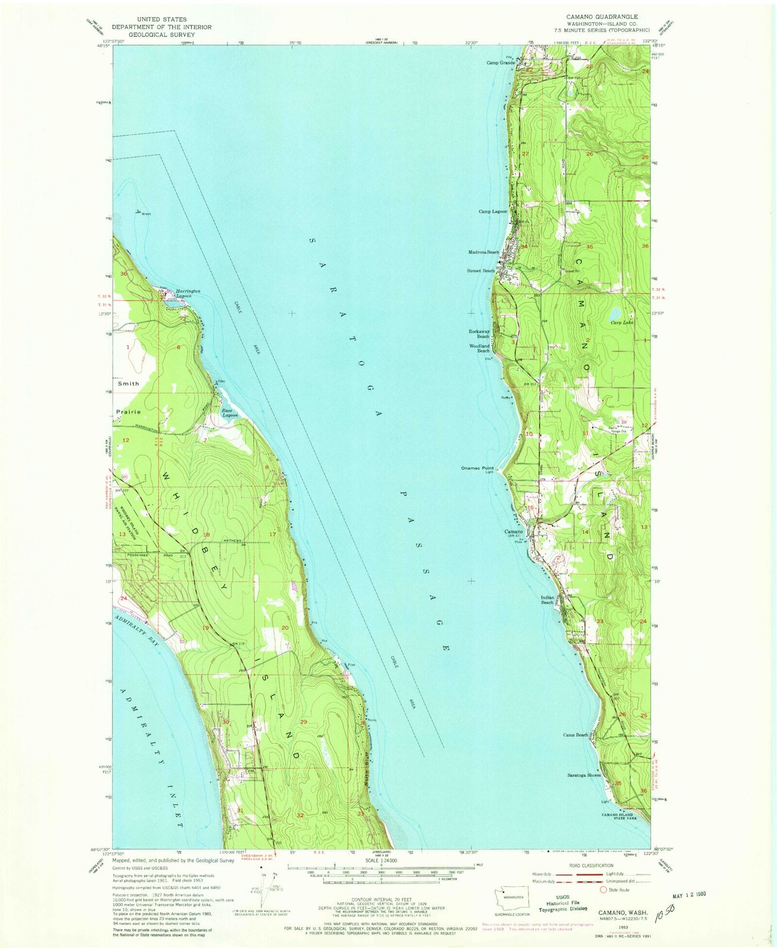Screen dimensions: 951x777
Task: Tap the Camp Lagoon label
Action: [x=493, y=212]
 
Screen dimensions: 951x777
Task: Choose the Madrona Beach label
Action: [x=484, y=252]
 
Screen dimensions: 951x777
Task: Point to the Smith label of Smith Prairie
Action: [x=129, y=384]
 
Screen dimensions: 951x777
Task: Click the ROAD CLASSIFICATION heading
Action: [x=590, y=866]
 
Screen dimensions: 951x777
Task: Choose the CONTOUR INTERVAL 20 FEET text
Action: [x=381, y=898]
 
